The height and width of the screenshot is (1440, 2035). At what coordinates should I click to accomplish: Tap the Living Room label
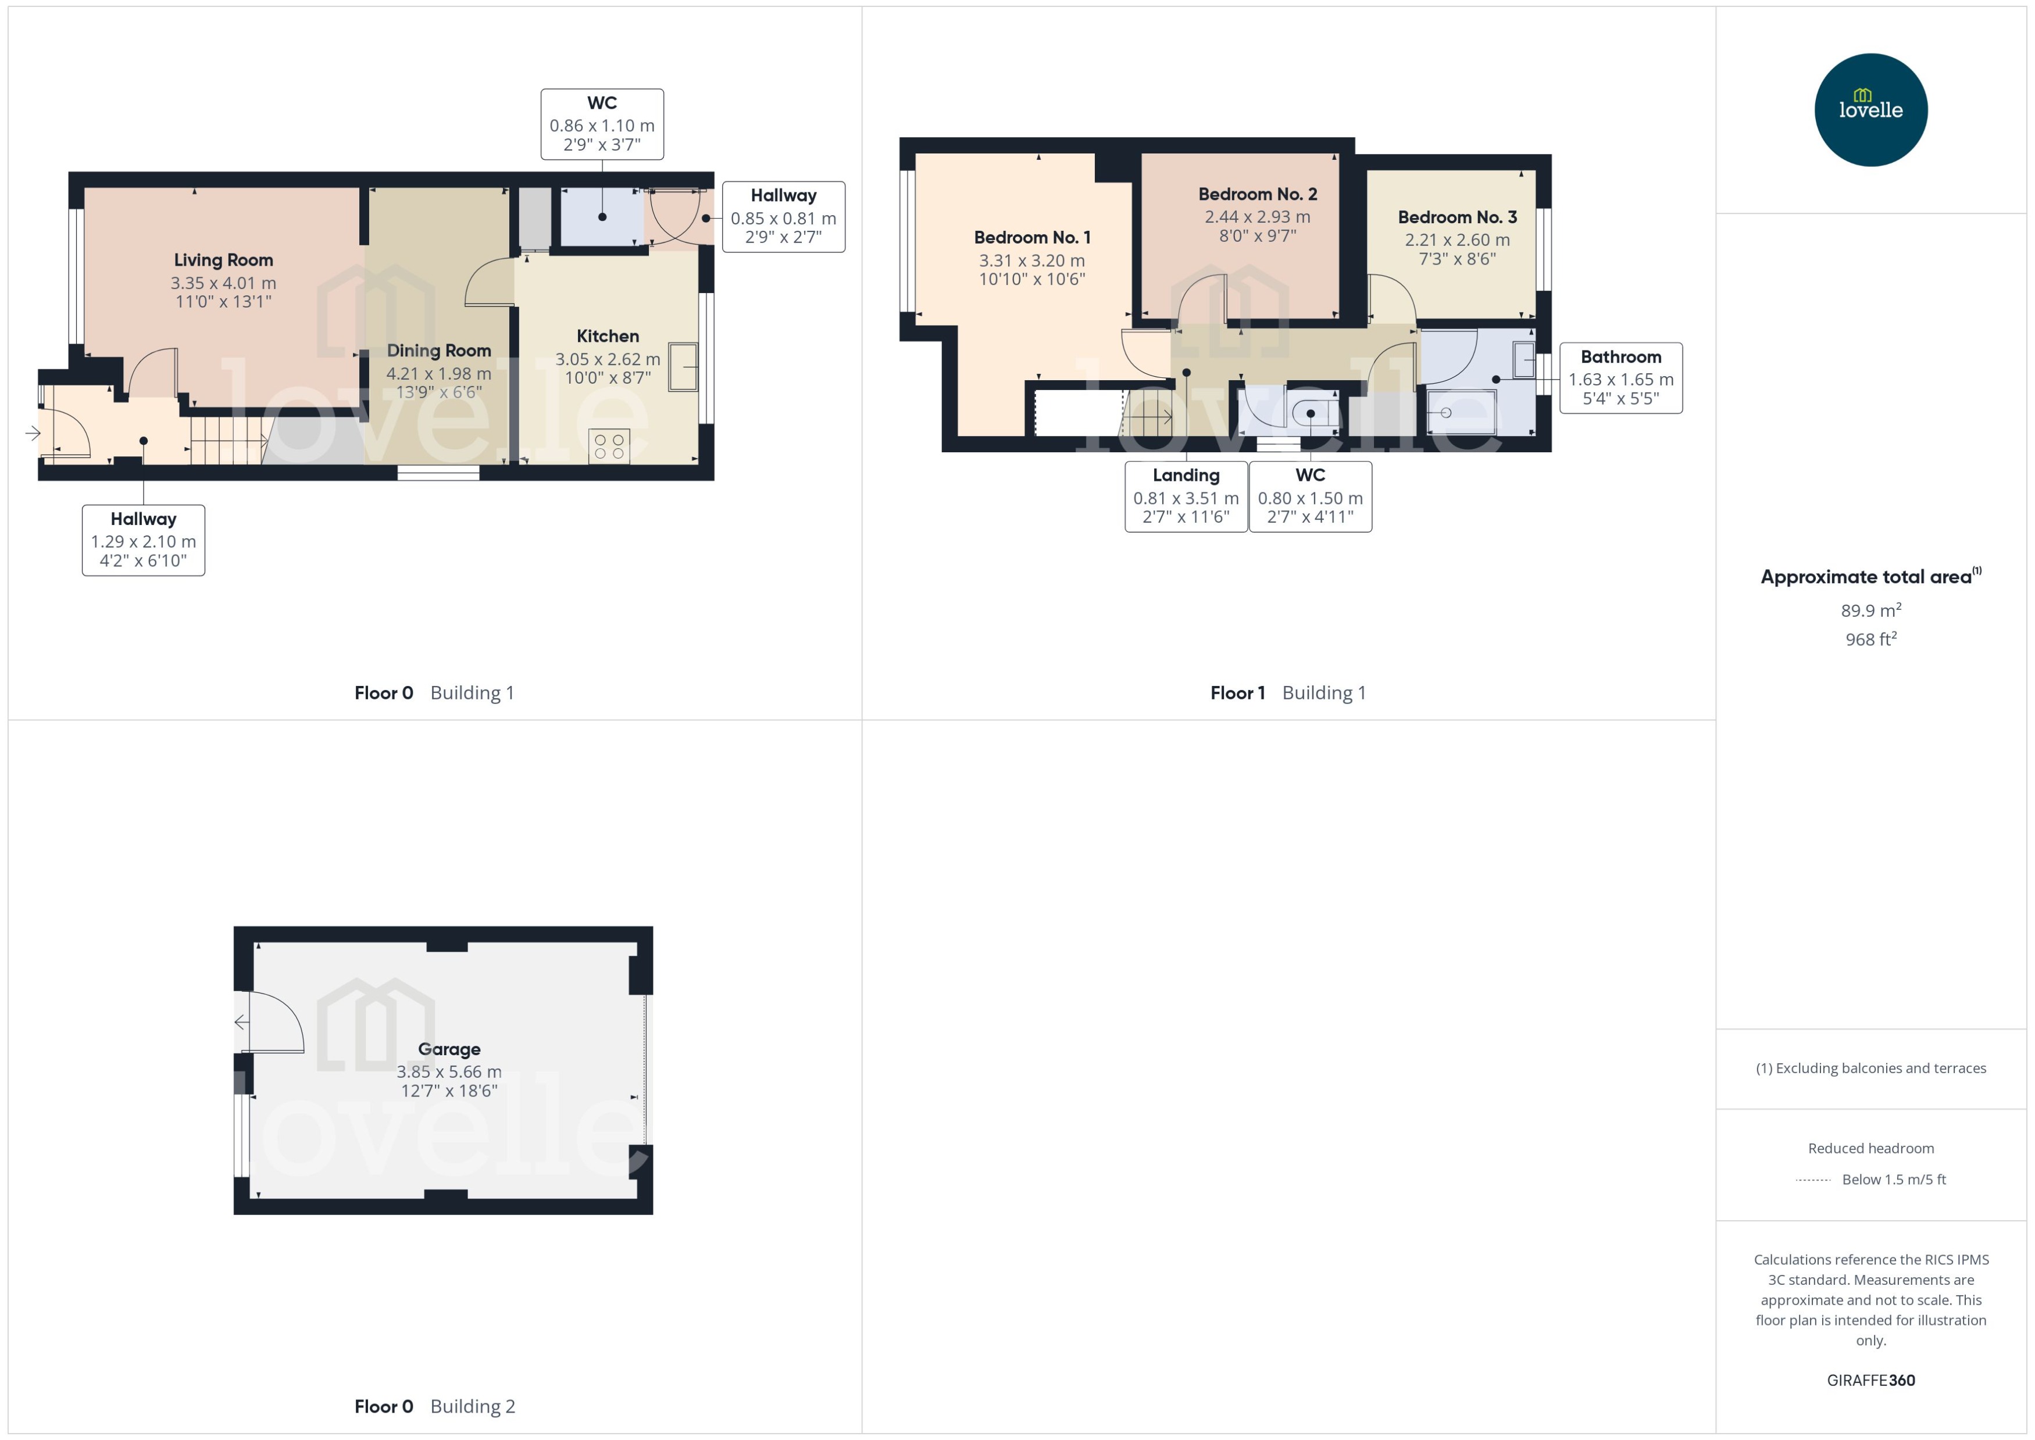coord(223,260)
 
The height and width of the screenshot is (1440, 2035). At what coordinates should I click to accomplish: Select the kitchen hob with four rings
coord(609,446)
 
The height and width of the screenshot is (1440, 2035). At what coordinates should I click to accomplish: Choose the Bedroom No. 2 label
coord(1258,194)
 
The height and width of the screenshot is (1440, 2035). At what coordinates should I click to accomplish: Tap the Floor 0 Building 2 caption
coord(434,1406)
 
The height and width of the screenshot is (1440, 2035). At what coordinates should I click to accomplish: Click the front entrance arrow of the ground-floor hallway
coord(33,434)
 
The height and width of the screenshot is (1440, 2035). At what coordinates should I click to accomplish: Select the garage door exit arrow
coord(241,1023)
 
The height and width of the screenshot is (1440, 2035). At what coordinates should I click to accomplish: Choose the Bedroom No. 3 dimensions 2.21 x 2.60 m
coord(1457,240)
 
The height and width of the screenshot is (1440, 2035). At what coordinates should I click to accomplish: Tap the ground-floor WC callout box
coord(602,124)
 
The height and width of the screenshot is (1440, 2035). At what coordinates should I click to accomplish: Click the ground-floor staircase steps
coord(228,440)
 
